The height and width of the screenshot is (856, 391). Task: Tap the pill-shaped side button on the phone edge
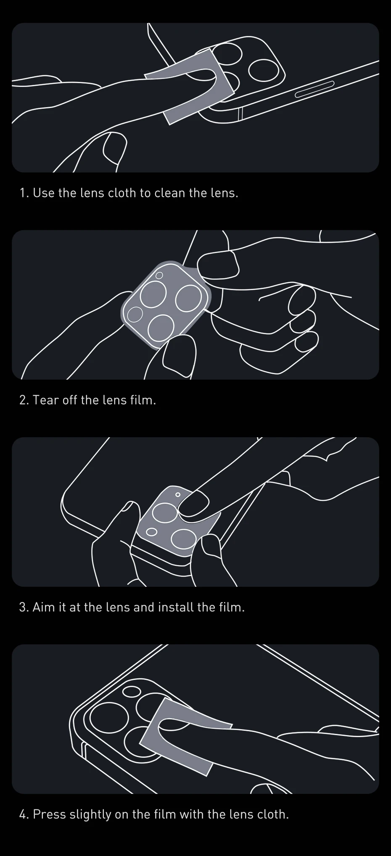click(x=314, y=88)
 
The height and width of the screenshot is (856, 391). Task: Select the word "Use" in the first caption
click(x=44, y=193)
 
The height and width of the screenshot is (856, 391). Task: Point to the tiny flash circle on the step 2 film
click(x=159, y=276)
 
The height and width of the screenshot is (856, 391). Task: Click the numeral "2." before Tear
click(x=24, y=400)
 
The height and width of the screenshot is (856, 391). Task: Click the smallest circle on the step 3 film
click(x=178, y=495)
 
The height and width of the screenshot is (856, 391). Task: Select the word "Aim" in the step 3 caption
click(x=43, y=607)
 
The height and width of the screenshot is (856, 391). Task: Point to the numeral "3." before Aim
click(x=24, y=607)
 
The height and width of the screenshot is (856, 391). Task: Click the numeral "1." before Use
click(x=24, y=193)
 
